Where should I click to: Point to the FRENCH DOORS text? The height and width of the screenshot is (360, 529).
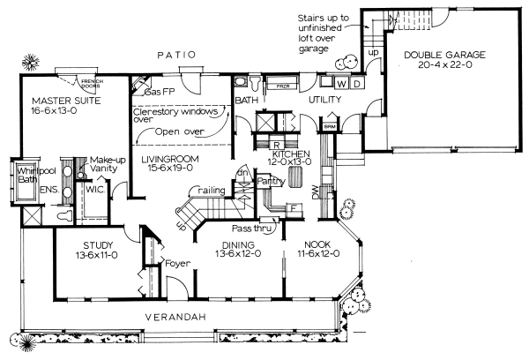coord(93,83)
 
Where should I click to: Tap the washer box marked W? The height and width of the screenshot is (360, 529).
coord(340,84)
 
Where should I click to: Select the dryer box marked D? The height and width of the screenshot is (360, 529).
coord(355,84)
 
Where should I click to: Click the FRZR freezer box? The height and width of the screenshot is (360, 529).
coord(283,87)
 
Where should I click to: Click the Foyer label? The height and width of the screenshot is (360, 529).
coord(177,263)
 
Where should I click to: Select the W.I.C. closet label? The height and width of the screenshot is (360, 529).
coord(95,188)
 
